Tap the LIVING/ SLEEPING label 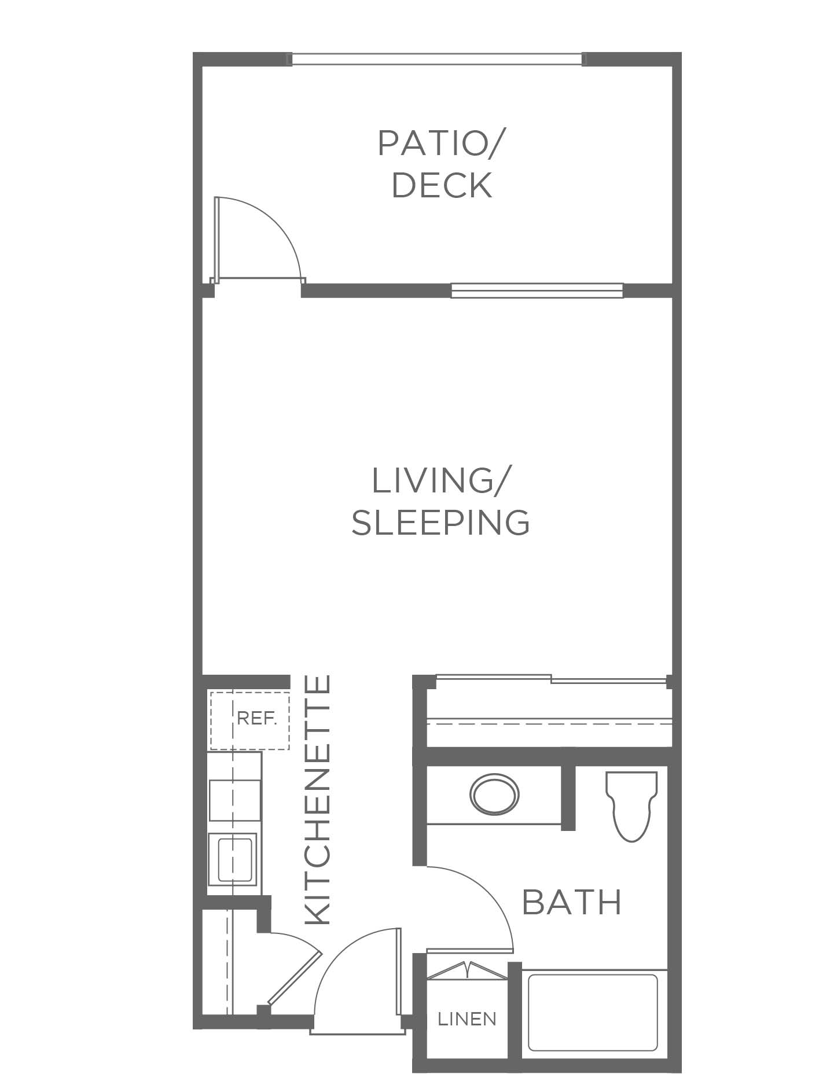click(440, 502)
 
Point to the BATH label click(571, 902)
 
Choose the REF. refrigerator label click(257, 719)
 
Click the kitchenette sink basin click(234, 859)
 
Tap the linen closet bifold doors click(467, 969)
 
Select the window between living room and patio click(537, 290)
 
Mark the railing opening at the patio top click(437, 59)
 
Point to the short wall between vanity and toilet click(568, 797)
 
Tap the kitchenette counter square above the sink click(234, 800)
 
